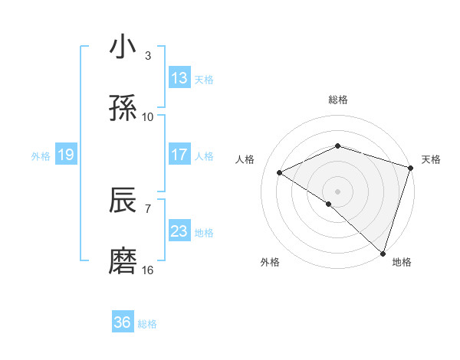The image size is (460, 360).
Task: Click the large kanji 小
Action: (123, 47)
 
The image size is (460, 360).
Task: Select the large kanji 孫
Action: (123, 109)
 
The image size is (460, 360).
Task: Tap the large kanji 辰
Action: (123, 201)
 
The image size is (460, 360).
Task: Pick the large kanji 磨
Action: (123, 262)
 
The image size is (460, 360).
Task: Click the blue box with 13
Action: (179, 78)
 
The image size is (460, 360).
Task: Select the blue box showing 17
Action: (179, 155)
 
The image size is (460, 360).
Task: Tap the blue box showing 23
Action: (179, 231)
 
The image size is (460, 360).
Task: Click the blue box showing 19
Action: (66, 155)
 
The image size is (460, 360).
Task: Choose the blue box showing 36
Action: (123, 322)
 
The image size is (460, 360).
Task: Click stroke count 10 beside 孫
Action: (148, 116)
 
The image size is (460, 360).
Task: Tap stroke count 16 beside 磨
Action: (148, 270)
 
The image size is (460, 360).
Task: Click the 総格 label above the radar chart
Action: (338, 100)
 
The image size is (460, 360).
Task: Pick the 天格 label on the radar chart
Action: (432, 159)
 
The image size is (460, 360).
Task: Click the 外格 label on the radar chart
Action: (270, 262)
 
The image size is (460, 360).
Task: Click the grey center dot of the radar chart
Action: (338, 191)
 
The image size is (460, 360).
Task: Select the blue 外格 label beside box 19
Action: (41, 155)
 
